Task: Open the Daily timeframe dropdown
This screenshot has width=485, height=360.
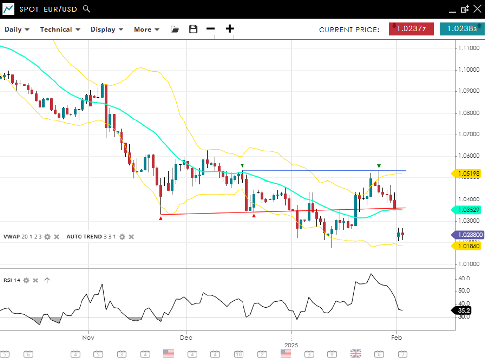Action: [17, 29]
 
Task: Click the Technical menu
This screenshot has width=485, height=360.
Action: [60, 29]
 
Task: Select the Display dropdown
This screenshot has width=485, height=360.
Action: [107, 29]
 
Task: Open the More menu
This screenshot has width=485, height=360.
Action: [146, 29]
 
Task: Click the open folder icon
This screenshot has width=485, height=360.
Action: [175, 29]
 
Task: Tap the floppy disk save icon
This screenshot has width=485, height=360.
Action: [193, 29]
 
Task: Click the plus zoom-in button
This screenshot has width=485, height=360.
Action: [230, 29]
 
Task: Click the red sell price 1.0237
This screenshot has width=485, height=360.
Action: [411, 29]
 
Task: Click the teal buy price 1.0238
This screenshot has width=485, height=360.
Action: [461, 29]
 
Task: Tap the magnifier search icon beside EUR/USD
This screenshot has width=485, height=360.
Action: [87, 9]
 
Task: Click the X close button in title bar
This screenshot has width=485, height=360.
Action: [477, 9]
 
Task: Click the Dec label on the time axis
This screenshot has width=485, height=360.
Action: [186, 338]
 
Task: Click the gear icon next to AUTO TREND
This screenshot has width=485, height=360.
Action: [122, 237]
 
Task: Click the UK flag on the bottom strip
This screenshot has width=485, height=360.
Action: [355, 353]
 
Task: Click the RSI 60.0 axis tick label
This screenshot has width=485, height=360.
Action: [464, 279]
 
